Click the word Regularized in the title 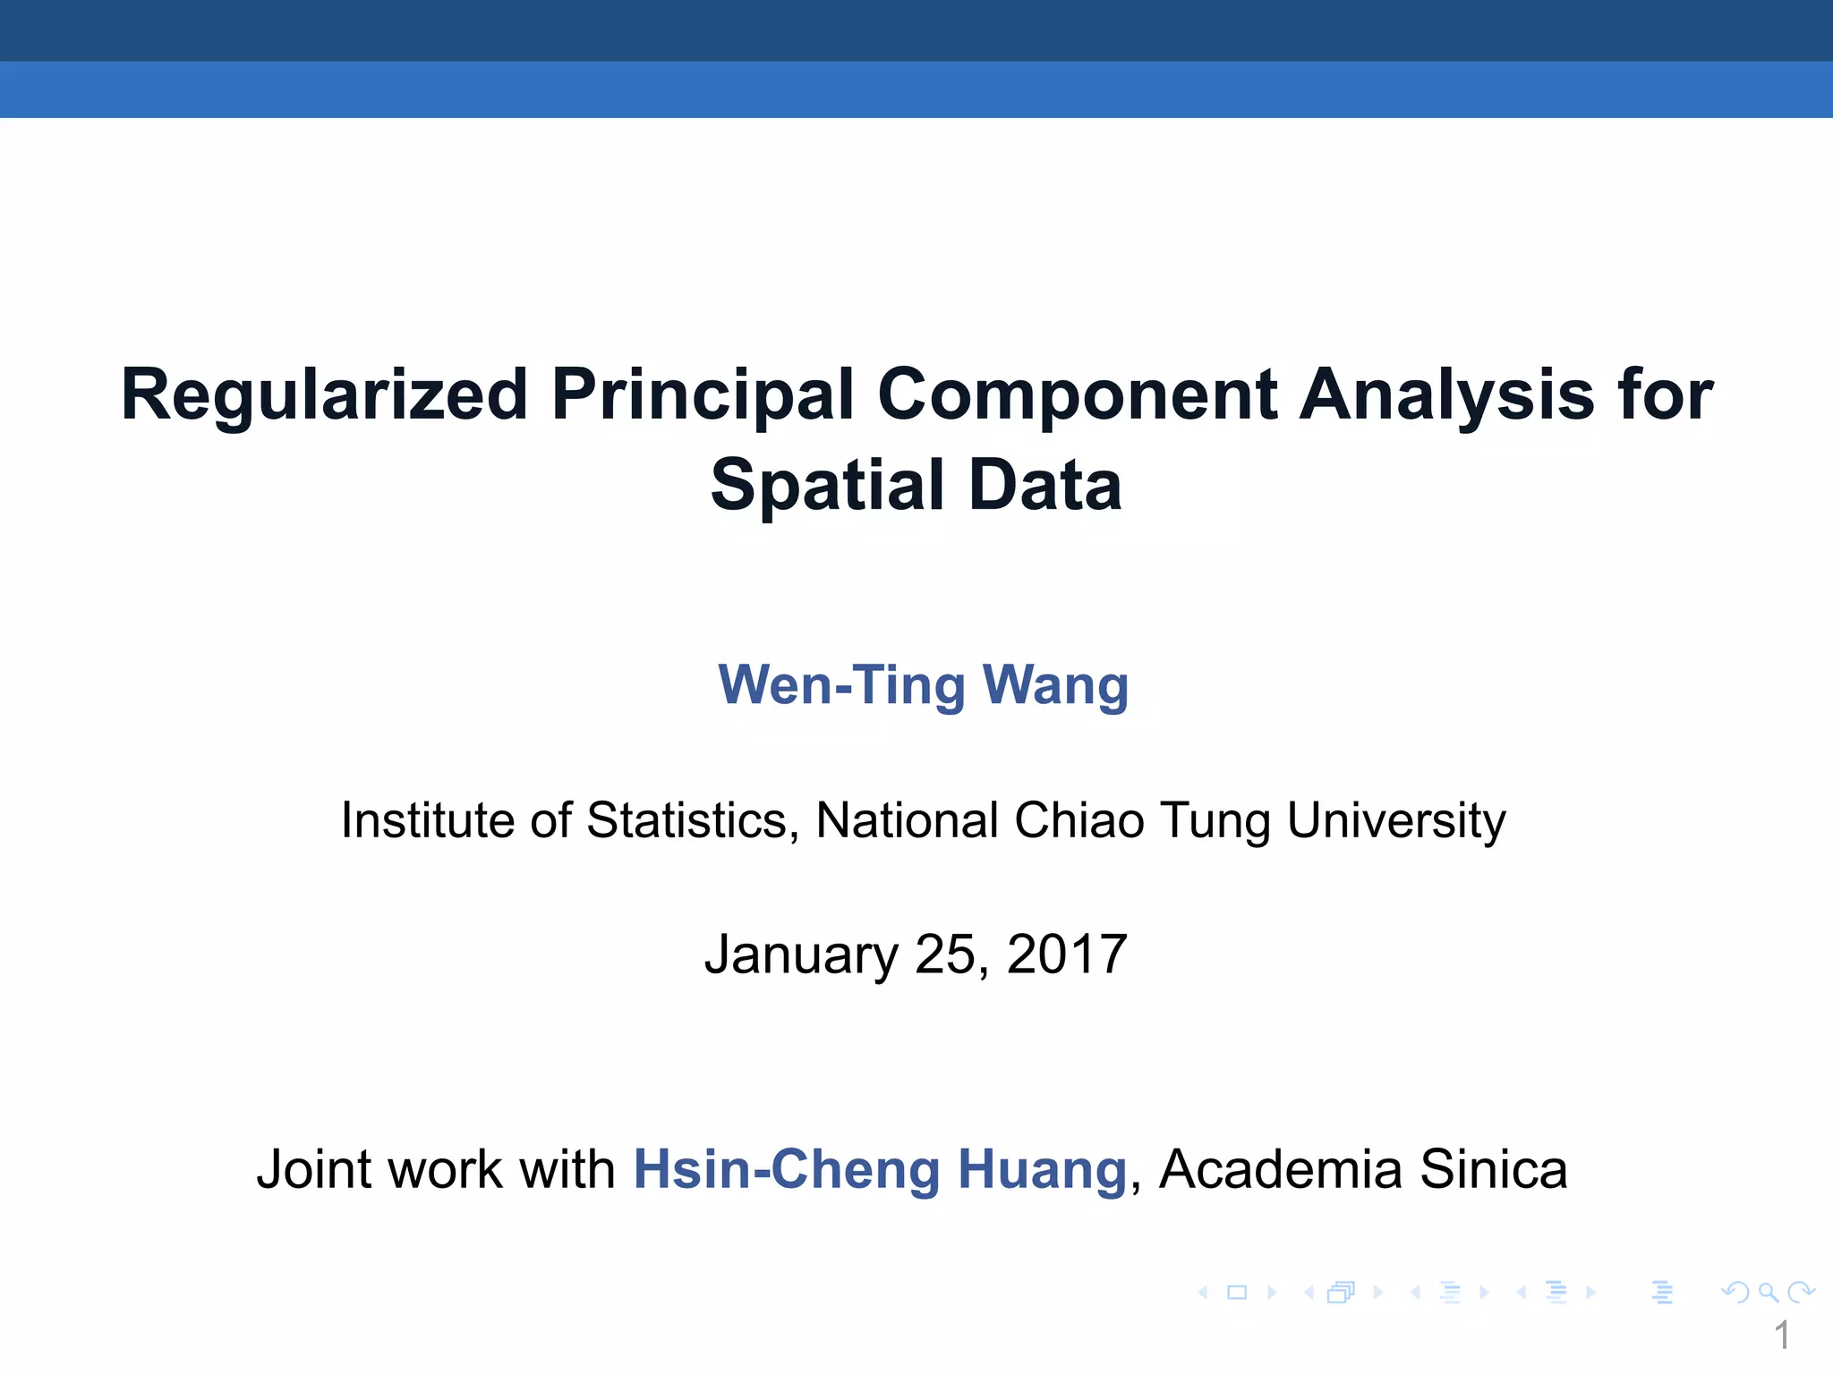(324, 396)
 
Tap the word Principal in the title (703, 396)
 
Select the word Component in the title (1078, 396)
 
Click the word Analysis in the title (1446, 396)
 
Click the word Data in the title (1045, 486)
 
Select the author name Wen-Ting (840, 686)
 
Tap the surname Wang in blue (1055, 686)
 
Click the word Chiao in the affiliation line (1078, 820)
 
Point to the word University (1396, 820)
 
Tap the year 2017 (1066, 954)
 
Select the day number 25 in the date (948, 954)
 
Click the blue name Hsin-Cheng (786, 1170)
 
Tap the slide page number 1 (1781, 1336)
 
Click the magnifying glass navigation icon (1768, 1293)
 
